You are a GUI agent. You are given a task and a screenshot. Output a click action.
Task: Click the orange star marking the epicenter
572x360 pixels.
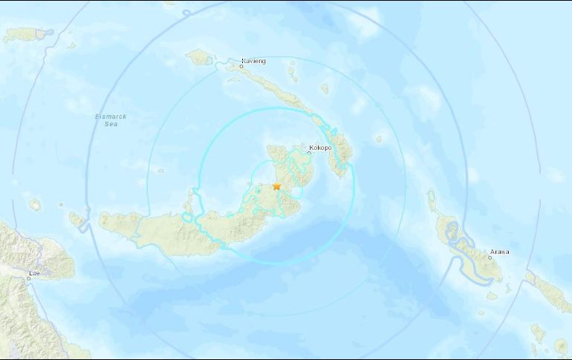tap(276, 186)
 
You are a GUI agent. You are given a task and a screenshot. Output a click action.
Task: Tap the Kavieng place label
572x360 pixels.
tap(254, 61)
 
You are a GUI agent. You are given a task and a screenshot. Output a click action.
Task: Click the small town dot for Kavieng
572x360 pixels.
tap(241, 67)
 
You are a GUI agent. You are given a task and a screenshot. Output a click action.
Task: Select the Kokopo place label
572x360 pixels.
tap(320, 146)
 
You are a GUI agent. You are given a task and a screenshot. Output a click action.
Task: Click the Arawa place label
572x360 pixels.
tap(499, 252)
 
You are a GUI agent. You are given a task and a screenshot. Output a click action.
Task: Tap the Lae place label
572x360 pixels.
tap(33, 273)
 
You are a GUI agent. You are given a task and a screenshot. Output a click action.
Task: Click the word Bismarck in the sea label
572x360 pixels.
tap(110, 117)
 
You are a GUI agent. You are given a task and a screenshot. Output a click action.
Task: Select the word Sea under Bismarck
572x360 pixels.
tap(110, 125)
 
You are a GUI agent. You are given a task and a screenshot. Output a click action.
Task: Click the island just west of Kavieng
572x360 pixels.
tap(199, 56)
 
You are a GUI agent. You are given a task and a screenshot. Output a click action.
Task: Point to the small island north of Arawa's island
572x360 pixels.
tap(432, 197)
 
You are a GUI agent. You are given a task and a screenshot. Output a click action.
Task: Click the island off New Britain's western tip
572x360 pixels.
tap(77, 219)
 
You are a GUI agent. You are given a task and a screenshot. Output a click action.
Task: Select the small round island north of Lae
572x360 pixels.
tap(34, 204)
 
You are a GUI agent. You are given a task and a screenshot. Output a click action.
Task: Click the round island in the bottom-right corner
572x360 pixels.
tap(559, 346)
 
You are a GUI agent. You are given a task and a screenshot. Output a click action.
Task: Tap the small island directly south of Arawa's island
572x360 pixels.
tap(491, 295)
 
